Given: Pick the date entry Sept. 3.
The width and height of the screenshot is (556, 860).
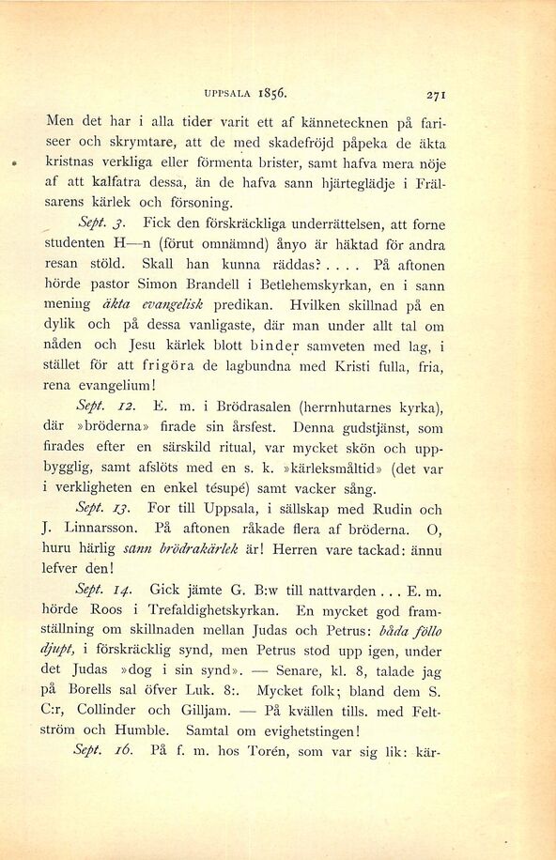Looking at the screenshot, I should tap(99, 225).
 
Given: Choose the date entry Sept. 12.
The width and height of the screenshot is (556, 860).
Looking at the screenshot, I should tap(102, 408).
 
